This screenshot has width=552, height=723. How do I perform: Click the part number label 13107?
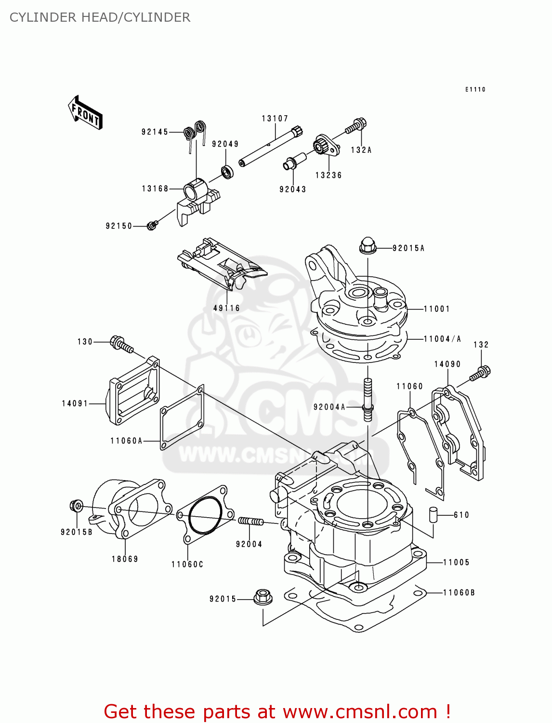tap(275, 119)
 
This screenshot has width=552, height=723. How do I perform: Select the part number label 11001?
tap(437, 309)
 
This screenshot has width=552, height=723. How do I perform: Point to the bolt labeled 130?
tap(121, 345)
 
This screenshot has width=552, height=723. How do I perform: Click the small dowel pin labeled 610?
tap(433, 514)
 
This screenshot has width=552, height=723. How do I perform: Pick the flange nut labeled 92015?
tap(263, 597)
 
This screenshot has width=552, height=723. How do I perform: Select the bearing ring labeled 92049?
tap(227, 171)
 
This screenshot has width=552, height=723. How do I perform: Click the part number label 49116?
tap(226, 308)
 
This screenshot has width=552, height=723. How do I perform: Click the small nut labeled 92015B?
tap(77, 506)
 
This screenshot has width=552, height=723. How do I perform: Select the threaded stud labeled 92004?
tap(250, 521)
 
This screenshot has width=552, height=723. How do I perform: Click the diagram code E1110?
tap(475, 90)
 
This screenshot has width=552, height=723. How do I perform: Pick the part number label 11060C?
tap(187, 564)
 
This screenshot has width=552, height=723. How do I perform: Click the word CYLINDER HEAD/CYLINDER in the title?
tap(100, 17)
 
